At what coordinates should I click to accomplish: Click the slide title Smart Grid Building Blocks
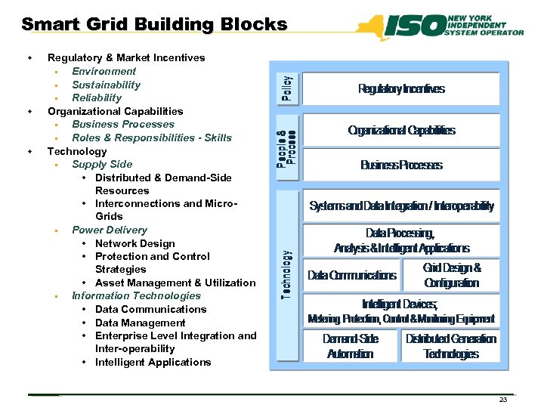(154, 24)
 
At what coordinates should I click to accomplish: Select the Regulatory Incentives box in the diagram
(401, 89)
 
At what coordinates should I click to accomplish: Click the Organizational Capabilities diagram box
(401, 131)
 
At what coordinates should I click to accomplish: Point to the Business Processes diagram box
(401, 165)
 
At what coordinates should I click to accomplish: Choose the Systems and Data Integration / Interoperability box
(401, 206)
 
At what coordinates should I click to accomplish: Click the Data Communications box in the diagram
(351, 275)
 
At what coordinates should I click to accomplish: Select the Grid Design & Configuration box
(451, 275)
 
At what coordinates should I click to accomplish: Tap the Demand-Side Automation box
(350, 346)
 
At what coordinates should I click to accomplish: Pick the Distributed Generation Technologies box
(451, 346)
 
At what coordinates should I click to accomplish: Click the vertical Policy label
(287, 88)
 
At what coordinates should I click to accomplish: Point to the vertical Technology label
(287, 274)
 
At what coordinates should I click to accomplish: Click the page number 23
(503, 400)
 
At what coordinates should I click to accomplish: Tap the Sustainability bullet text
(106, 85)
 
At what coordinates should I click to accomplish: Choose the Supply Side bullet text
(102, 164)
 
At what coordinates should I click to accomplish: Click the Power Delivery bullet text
(110, 230)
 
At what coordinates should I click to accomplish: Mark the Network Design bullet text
(134, 243)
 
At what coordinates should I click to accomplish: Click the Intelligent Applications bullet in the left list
(153, 362)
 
